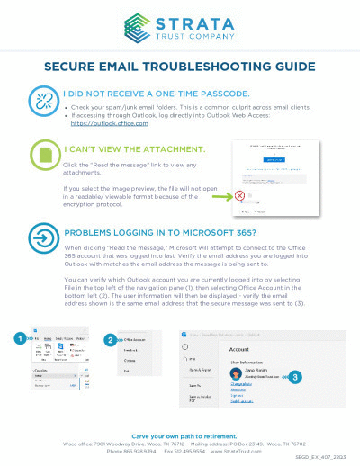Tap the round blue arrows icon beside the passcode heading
[42, 99]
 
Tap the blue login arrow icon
[42, 239]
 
